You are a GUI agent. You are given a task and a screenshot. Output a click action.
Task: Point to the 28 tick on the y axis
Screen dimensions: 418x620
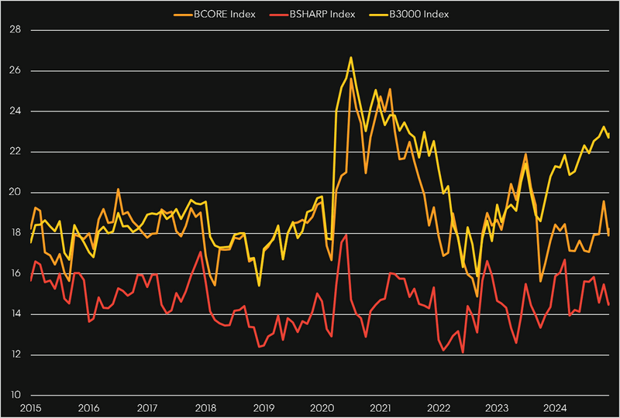14,30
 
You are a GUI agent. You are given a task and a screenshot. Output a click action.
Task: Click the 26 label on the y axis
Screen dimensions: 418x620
14,71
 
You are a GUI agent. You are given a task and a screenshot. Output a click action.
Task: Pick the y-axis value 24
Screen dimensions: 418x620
14,111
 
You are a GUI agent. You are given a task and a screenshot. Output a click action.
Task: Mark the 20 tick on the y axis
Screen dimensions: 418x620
14,193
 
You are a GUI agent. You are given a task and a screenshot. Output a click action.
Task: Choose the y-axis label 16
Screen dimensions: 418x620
14,274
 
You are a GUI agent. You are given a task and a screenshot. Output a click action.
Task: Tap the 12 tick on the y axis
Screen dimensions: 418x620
14,355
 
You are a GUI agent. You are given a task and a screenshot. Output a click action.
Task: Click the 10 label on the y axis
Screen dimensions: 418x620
14,396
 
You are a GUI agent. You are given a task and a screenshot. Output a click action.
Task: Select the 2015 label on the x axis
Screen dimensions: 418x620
31,407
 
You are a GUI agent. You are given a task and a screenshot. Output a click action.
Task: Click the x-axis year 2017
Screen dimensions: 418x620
147,407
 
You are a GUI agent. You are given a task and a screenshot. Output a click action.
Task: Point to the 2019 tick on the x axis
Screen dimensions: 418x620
263,407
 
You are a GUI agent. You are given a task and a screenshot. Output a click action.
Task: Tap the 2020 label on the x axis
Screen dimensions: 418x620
322,407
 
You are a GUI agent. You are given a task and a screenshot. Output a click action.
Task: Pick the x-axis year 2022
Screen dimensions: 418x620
438,407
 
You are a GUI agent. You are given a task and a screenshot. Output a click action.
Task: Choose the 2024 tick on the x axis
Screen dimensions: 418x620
554,407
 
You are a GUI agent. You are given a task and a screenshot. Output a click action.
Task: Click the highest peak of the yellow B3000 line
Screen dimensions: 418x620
351,57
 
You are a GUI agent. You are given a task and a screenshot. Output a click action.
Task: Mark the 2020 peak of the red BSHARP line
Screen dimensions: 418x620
346,235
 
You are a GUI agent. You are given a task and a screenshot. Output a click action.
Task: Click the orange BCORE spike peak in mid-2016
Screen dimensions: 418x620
118,189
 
